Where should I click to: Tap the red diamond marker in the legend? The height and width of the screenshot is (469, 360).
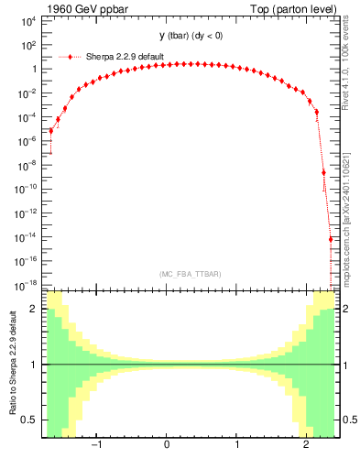[x=71, y=57]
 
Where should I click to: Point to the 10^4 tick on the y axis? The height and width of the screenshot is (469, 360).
[x=29, y=21]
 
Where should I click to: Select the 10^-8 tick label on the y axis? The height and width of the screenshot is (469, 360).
[x=29, y=165]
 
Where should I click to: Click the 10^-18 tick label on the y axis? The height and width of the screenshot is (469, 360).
[x=27, y=285]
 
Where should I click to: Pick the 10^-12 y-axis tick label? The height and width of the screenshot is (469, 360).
[x=27, y=213]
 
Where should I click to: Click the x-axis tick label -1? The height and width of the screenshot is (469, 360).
[x=94, y=445]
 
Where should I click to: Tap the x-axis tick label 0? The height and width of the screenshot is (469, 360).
[x=167, y=445]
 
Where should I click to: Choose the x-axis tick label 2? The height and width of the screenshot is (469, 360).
[x=307, y=445]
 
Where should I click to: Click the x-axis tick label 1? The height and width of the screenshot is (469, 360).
[x=237, y=445]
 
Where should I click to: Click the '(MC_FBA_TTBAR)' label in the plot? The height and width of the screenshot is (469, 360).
[x=190, y=274]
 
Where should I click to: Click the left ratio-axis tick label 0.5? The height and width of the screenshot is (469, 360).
[x=31, y=420]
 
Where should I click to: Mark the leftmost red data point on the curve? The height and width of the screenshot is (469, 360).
[x=51, y=131]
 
